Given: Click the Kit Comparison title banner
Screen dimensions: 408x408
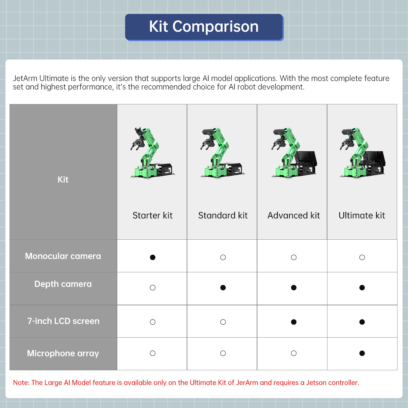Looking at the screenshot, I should [x=204, y=27].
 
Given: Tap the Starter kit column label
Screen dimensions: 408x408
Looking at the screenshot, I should [x=152, y=216].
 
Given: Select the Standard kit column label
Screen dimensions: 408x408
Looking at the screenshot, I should [x=223, y=216].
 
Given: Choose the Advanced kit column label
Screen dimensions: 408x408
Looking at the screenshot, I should [x=293, y=216].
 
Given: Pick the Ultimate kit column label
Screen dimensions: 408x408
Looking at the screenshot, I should [x=362, y=216].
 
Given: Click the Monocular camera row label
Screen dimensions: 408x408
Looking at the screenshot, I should [x=63, y=256].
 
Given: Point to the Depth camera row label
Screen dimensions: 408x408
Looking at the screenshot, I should [x=63, y=284].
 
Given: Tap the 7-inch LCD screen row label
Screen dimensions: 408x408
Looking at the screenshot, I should [x=63, y=321].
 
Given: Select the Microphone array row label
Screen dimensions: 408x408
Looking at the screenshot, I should [x=63, y=353].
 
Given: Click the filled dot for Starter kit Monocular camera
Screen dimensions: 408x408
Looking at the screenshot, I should [x=153, y=257].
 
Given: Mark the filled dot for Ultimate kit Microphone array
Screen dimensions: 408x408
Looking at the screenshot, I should [x=362, y=353].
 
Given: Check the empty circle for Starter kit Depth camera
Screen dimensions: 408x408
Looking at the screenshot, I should [x=153, y=288].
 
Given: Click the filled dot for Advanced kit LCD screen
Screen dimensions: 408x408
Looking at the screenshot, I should [x=294, y=322].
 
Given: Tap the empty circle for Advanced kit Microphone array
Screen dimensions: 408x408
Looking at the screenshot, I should [x=294, y=353].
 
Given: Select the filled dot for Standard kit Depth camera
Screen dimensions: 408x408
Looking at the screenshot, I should [x=223, y=288].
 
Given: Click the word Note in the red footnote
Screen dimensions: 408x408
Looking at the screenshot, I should [x=21, y=382].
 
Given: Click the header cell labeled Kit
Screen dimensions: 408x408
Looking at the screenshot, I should [x=63, y=180].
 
